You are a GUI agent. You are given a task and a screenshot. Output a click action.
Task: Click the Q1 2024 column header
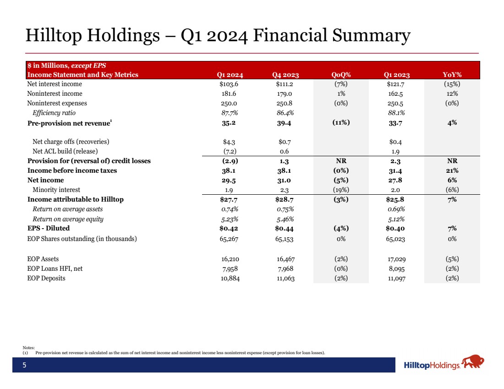[x=230, y=75]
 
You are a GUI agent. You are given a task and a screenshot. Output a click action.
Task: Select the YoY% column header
[x=452, y=75]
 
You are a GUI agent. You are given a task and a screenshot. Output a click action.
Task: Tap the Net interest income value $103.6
[x=230, y=84]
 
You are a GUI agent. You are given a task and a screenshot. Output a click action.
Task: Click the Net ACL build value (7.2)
[x=230, y=151]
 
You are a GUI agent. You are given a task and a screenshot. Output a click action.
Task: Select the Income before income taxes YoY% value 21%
[x=452, y=170]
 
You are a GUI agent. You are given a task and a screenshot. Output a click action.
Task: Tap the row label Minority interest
[x=56, y=190]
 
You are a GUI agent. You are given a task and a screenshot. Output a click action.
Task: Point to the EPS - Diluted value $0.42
[x=230, y=228]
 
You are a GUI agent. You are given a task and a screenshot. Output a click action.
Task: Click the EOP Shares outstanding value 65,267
[x=230, y=239]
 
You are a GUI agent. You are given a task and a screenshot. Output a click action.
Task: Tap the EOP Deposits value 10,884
[x=230, y=278]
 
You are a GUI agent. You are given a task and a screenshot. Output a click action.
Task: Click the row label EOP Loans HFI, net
[x=55, y=268]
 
